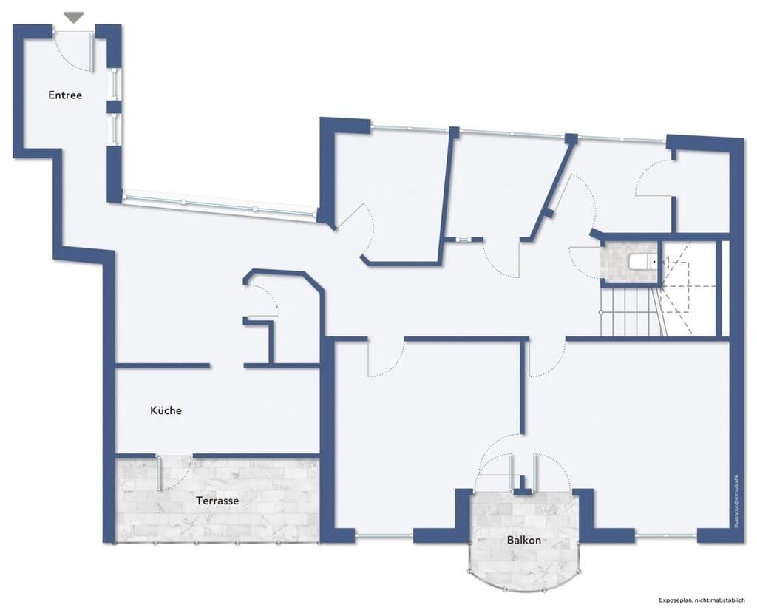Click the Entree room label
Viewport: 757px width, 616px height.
pos(65,95)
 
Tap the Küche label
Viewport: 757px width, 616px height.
pos(166,410)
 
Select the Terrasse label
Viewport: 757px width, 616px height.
pos(217,501)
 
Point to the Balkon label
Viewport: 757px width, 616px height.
pos(523,540)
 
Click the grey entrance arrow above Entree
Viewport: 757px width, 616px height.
pos(74,17)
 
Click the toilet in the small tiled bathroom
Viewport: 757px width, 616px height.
pos(642,261)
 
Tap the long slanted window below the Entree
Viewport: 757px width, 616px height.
pos(218,205)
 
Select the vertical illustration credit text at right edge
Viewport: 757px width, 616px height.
pos(737,503)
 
